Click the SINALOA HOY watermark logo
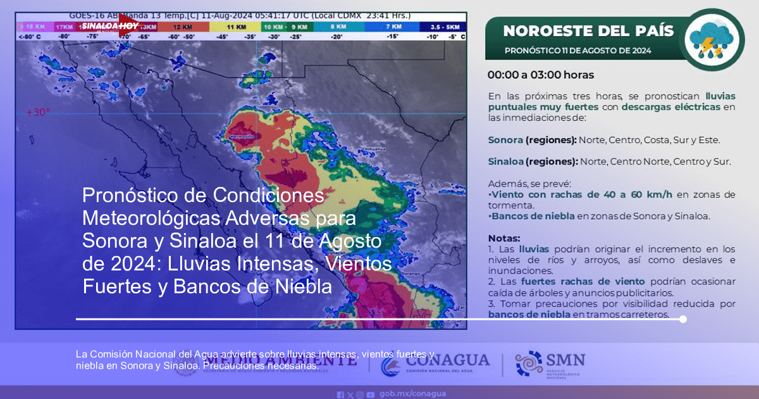[109, 26]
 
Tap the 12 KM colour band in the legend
[183, 27]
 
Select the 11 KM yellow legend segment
[235, 27]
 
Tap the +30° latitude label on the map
[37, 112]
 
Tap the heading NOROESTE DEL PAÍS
[588, 30]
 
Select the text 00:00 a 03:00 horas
[540, 75]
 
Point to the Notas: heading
[504, 239]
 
